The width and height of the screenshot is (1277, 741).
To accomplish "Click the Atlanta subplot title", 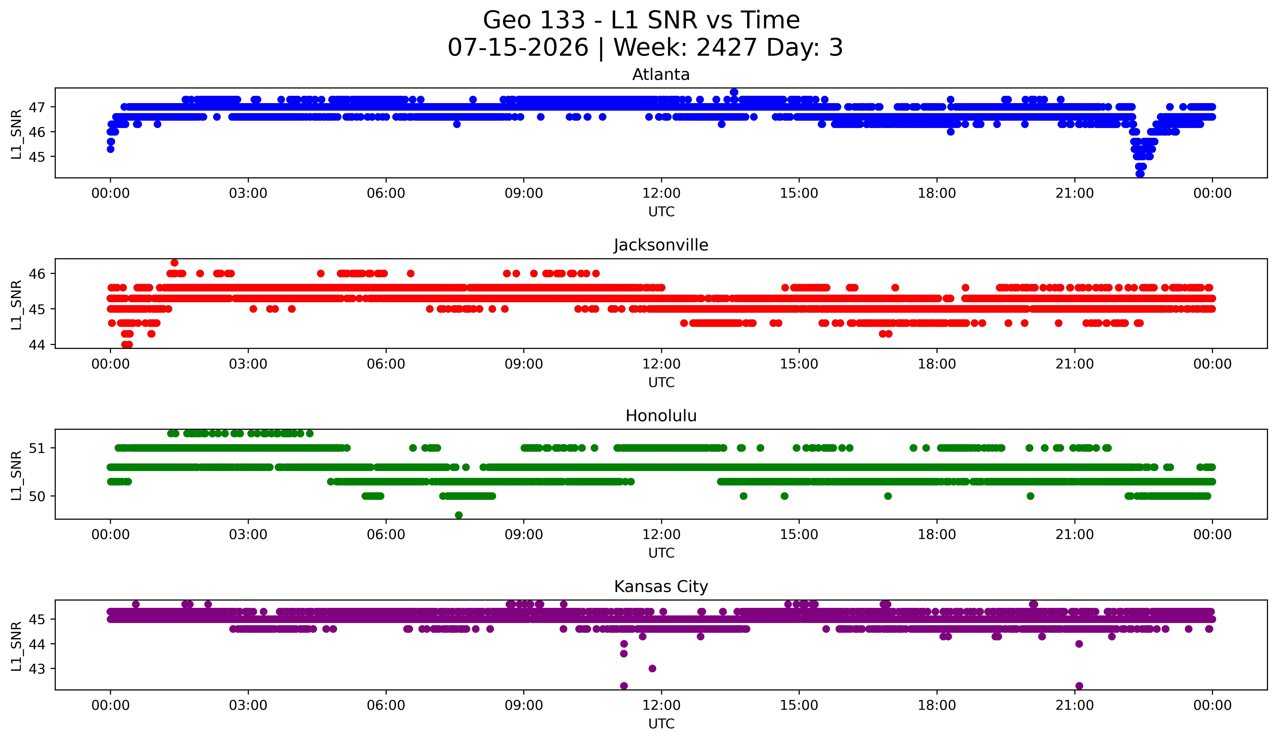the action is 661,75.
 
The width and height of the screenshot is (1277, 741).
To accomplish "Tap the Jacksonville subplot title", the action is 661,245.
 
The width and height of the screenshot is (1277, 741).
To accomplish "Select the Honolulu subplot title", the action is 661,416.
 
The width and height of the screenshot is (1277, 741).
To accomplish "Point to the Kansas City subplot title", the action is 661,587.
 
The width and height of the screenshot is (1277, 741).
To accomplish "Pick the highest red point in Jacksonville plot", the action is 174,262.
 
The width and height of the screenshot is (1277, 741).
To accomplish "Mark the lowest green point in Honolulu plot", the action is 458,515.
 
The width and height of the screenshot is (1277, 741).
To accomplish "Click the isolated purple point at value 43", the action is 652,669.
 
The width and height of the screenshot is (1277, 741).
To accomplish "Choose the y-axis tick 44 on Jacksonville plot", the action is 37,345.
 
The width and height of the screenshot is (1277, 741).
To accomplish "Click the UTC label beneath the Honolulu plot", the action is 661,553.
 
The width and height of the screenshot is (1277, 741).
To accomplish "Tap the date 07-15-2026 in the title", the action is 518,48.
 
